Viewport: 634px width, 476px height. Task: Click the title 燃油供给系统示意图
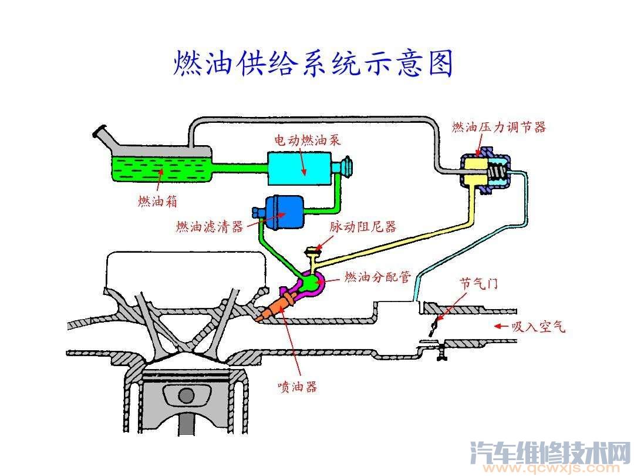click(x=313, y=63)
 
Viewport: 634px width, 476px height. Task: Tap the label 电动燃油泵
click(x=308, y=140)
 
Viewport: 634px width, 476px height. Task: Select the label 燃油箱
click(x=157, y=202)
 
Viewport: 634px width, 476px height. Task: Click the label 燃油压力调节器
click(x=499, y=127)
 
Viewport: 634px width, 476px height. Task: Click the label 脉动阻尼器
click(x=363, y=226)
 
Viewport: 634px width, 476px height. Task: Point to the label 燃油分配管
click(x=377, y=277)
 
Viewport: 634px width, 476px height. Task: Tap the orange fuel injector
click(x=274, y=307)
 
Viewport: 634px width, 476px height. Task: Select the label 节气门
click(x=478, y=283)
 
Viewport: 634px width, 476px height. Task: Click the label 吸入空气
click(x=538, y=327)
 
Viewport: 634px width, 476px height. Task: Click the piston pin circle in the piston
click(x=186, y=395)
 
